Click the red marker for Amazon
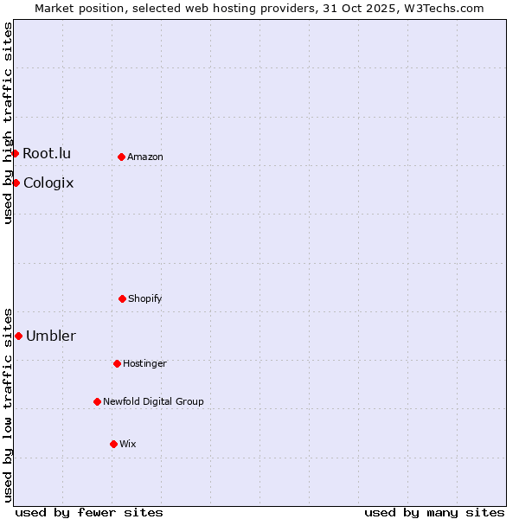click(x=122, y=157)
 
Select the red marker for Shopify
click(x=122, y=298)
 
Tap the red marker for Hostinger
click(x=117, y=363)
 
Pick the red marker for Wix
click(x=113, y=444)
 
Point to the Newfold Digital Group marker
click(x=97, y=401)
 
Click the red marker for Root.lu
click(x=15, y=153)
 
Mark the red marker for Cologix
click(x=16, y=183)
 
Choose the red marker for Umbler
click(x=18, y=336)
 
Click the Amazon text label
click(x=145, y=157)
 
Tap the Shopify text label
click(x=145, y=298)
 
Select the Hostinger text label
click(x=144, y=363)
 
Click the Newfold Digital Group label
click(x=153, y=401)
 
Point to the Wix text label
click(x=128, y=444)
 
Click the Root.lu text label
click(x=47, y=153)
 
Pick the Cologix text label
click(x=48, y=183)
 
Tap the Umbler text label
click(x=51, y=336)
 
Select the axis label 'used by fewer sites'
click(x=89, y=512)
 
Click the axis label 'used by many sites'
click(x=434, y=512)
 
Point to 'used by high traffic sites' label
click(x=8, y=123)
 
